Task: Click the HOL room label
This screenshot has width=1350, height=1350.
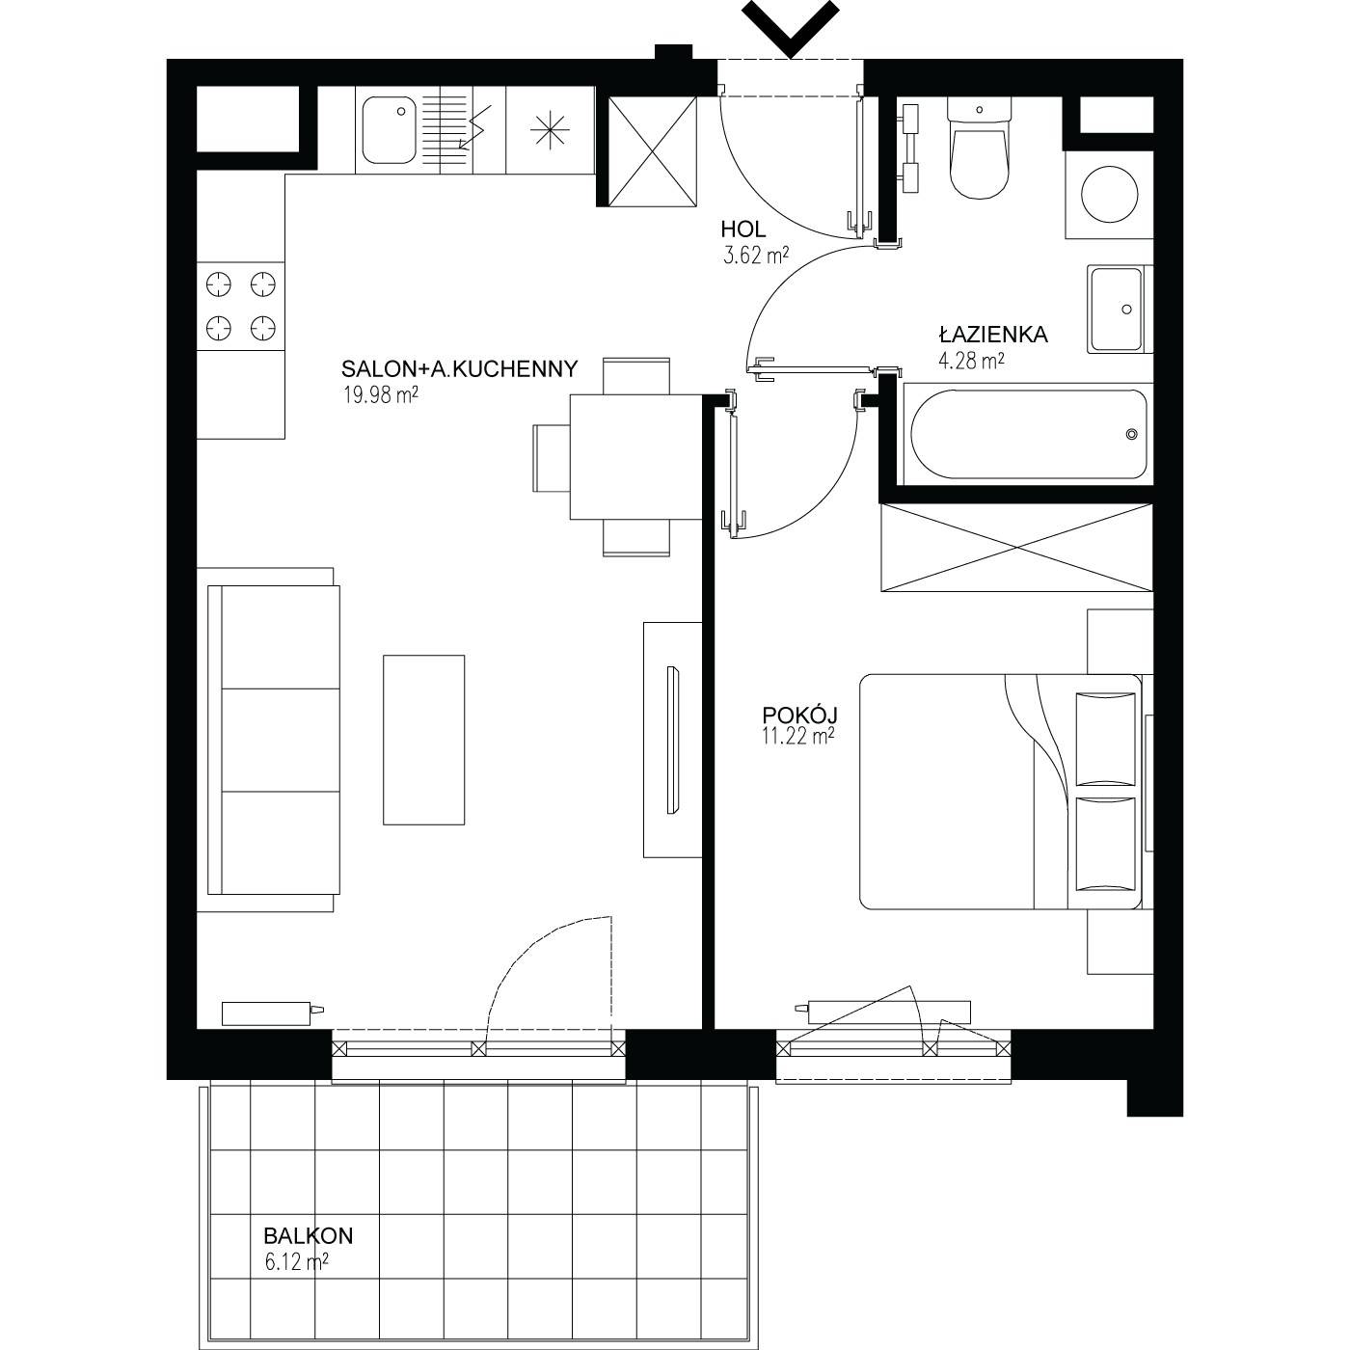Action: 742,229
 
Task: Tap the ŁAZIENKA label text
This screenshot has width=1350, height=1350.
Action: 992,335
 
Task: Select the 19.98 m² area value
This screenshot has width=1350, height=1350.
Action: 380,395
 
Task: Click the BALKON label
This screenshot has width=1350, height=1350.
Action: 309,1235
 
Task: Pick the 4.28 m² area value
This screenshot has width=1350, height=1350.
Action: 972,361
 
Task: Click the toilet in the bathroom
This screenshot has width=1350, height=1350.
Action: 980,148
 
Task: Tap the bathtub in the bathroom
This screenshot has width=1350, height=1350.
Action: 1029,434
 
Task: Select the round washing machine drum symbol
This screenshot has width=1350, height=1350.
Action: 1110,194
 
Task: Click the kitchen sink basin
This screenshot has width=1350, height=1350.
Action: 390,130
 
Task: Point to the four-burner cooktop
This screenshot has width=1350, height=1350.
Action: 240,306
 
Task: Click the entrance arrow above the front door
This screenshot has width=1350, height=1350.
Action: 791,28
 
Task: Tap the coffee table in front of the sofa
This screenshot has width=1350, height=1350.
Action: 424,740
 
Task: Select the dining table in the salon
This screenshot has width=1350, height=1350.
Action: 636,457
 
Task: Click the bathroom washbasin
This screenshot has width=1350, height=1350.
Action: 1119,309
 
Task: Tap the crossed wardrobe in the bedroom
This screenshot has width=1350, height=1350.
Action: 1016,547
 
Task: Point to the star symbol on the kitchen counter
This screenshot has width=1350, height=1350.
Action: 550,130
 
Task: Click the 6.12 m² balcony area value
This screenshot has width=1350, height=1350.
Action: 296,1261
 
